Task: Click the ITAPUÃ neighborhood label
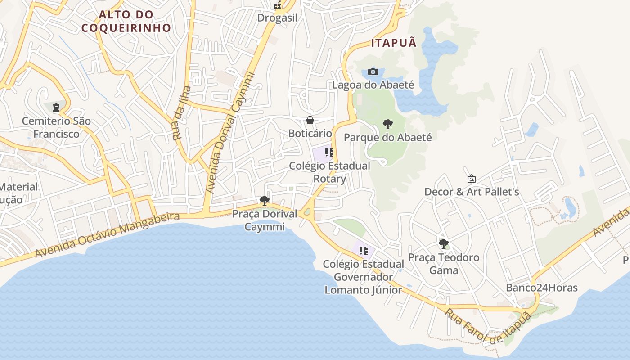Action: (394, 43)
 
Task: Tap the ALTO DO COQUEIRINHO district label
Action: (126, 21)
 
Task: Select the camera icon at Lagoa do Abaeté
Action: (373, 72)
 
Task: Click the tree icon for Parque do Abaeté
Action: (387, 124)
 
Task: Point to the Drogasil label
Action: (277, 18)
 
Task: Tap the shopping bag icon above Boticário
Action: (310, 120)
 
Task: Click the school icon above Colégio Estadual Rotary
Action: (329, 153)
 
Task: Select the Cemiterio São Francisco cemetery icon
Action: (56, 108)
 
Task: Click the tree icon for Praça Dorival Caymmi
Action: (265, 200)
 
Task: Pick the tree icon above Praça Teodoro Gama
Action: (443, 244)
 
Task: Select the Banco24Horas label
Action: (542, 288)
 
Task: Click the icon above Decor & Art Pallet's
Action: (471, 179)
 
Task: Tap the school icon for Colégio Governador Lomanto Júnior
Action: (364, 251)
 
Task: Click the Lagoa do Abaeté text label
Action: (373, 85)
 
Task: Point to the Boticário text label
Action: (310, 134)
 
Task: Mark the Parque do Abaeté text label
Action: (387, 137)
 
